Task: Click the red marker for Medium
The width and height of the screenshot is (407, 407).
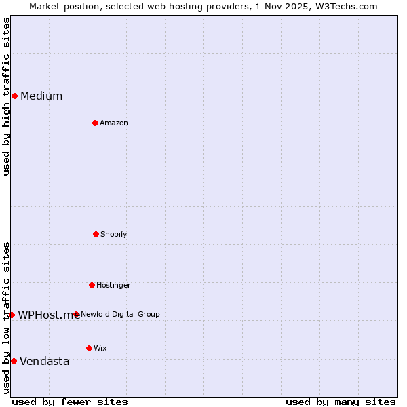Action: point(14,96)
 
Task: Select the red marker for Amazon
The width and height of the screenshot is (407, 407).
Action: point(95,123)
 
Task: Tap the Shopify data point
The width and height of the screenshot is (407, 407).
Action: point(96,234)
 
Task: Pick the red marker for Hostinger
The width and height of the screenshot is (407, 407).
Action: point(92,285)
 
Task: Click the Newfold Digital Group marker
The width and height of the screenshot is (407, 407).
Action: point(76,314)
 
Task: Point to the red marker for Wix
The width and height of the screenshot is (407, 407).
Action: point(89,348)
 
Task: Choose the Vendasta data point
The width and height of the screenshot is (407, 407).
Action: point(14,361)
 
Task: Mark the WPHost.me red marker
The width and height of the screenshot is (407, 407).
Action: point(12,315)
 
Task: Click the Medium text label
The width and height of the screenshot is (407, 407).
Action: point(41,96)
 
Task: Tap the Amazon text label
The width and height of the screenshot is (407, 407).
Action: point(114,123)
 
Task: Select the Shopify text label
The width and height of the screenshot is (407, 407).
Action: point(114,234)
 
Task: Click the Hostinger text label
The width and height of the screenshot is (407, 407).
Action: point(113,285)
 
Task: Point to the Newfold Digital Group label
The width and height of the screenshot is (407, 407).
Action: point(120,314)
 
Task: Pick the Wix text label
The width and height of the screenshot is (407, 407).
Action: point(100,348)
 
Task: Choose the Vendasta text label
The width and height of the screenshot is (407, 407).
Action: point(45,361)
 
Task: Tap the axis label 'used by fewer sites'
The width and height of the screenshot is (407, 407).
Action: point(70,402)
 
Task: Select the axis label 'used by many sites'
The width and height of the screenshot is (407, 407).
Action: point(341,402)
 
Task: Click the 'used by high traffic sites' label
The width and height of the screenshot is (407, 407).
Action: point(6,96)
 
